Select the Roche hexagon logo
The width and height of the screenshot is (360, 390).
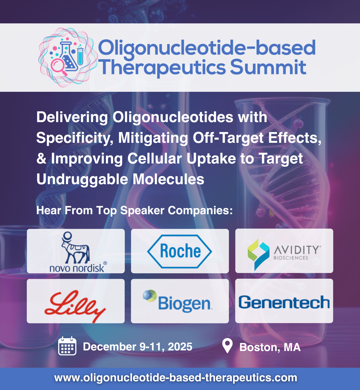[179, 251]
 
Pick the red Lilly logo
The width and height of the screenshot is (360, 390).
[75, 305]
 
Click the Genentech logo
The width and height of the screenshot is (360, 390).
[284, 302]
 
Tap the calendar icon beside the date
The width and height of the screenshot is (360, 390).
[67, 346]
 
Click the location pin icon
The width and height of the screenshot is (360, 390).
[227, 346]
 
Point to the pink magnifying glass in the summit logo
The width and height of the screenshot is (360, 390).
[58, 67]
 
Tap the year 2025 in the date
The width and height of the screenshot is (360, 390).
[180, 346]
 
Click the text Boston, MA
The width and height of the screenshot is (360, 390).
[270, 347]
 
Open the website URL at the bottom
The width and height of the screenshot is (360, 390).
[175, 377]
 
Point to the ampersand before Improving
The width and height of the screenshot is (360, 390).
[41, 158]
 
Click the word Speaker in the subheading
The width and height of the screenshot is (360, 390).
[142, 211]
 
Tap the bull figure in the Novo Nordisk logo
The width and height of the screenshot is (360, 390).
[75, 247]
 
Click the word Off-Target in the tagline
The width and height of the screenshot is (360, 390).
[228, 138]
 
